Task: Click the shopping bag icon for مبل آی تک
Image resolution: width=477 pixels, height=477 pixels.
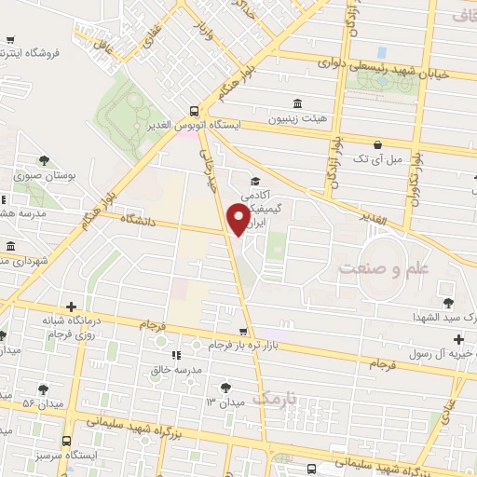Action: (x=377, y=144)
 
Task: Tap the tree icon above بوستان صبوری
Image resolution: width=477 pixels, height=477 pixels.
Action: (x=44, y=159)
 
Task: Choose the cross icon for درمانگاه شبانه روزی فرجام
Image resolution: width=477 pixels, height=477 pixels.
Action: (x=71, y=307)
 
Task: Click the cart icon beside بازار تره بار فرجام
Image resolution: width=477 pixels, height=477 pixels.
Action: (x=243, y=331)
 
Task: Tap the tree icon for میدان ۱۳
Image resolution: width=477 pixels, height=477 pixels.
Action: (x=225, y=386)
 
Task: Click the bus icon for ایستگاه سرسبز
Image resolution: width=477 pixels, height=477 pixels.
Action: (x=66, y=441)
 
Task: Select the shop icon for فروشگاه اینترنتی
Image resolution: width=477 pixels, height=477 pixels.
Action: (x=9, y=40)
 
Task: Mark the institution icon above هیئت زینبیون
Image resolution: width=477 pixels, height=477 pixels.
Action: (x=297, y=103)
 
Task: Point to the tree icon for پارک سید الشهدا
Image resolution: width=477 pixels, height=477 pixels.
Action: (x=448, y=302)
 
